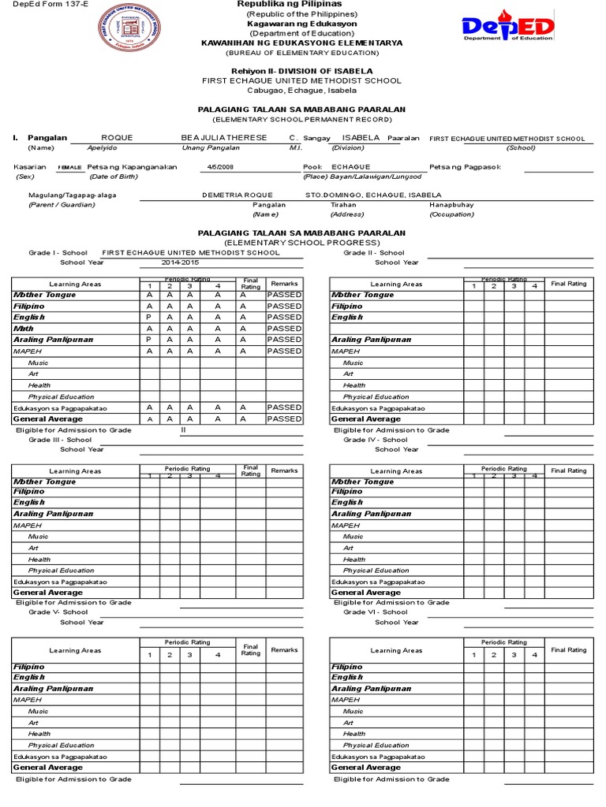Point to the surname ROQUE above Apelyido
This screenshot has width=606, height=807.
click(118, 137)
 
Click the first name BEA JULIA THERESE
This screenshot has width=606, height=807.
click(224, 137)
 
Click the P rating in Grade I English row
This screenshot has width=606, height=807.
click(148, 317)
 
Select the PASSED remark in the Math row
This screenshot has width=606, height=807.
click(283, 328)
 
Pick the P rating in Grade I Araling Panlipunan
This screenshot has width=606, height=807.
click(148, 340)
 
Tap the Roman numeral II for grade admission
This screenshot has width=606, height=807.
click(183, 430)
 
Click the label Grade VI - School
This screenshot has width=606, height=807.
click(375, 612)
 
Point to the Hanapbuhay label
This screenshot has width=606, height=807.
click(451, 204)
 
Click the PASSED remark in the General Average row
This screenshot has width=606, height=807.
click(283, 419)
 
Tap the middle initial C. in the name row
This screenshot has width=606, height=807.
click(294, 137)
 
